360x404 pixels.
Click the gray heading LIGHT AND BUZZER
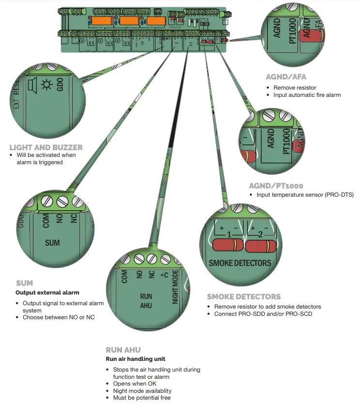coord(46,147)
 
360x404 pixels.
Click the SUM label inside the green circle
coord(52,242)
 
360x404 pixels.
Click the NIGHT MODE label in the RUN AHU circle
coord(175,288)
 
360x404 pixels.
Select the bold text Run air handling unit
coord(136,359)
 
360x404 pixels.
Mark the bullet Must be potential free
coord(141,398)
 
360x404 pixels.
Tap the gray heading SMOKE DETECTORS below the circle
coord(244,296)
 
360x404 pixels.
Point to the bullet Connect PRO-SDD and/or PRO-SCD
coord(263,314)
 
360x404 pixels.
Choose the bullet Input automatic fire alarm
coord(307,95)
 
